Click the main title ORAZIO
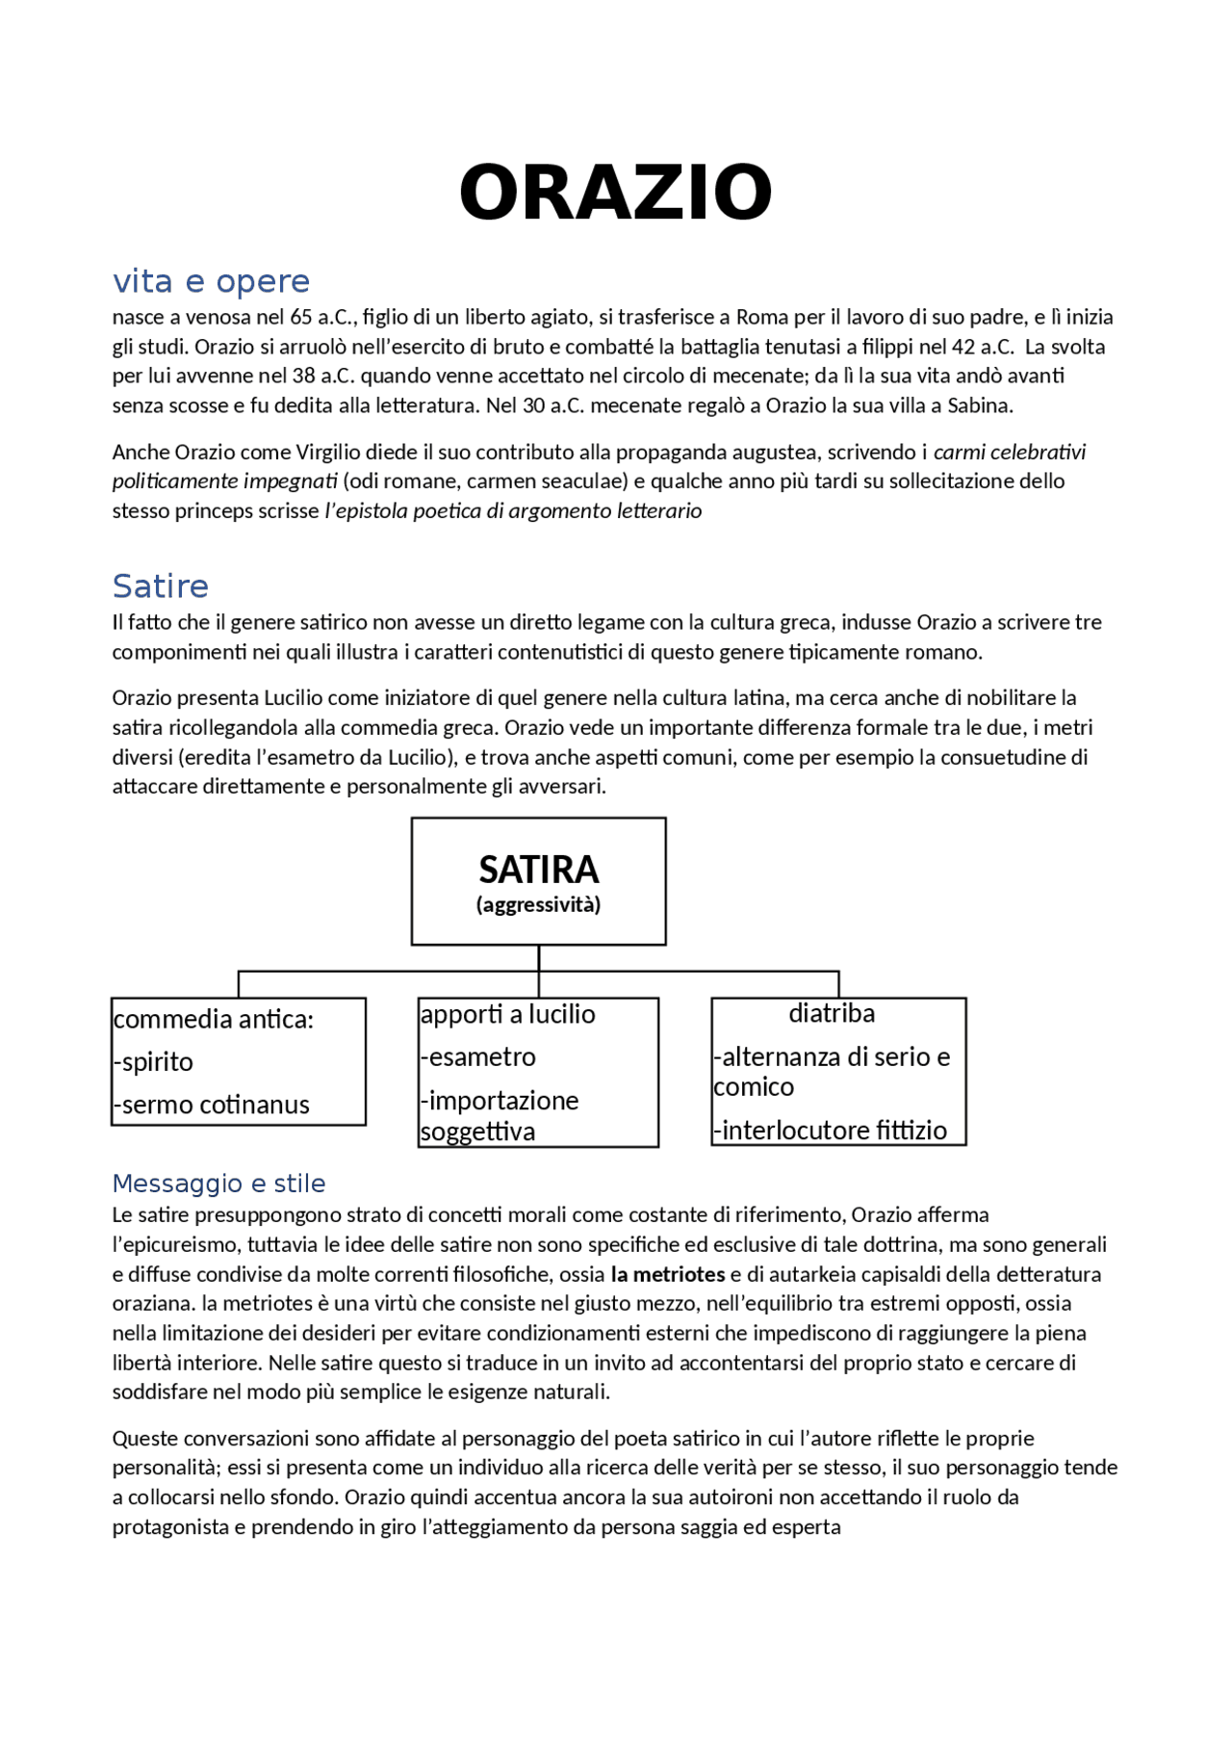coord(615,193)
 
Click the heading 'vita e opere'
coord(211,281)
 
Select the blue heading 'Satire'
coord(160,586)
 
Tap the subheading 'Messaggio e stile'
coord(218,1183)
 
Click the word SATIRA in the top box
coord(538,870)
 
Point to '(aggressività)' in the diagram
coord(538,904)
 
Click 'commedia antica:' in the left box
coord(214,1019)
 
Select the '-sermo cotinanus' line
coord(212,1105)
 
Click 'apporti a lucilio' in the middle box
coord(507,1014)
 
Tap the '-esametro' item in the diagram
coord(477,1056)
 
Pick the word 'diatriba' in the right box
coord(832,1013)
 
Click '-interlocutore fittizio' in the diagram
coord(830,1130)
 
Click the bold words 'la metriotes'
coord(667,1274)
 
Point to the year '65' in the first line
coord(300,317)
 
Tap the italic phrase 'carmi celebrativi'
coord(1009,452)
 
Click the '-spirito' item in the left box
coord(153,1061)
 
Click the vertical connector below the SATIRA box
coord(539,958)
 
